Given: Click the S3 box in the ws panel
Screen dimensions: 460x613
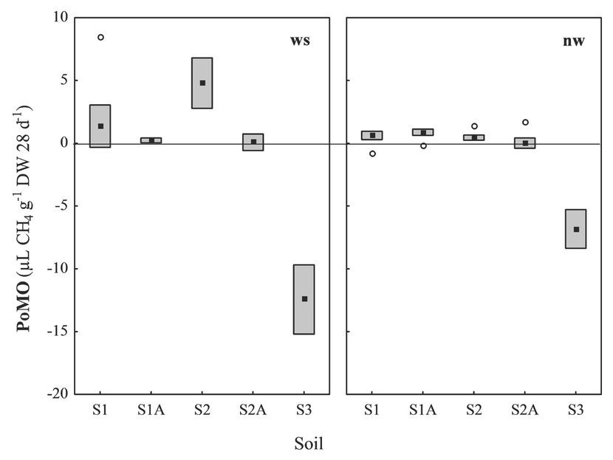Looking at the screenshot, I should (x=304, y=299).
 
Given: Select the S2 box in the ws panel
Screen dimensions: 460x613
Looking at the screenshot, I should (x=202, y=83).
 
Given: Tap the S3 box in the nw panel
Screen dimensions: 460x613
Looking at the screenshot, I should (x=575, y=229).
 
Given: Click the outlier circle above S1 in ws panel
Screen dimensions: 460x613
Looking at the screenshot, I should (x=101, y=37).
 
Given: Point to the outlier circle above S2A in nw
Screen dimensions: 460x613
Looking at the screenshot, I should (x=525, y=122).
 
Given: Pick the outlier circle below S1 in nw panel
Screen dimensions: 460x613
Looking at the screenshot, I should (x=372, y=154).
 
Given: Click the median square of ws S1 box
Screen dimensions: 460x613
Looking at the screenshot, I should (x=100, y=126).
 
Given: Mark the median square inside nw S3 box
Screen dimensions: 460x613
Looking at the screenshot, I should (x=575, y=230).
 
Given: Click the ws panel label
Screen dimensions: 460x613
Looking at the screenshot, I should (x=299, y=41).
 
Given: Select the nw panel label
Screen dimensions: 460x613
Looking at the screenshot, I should (x=573, y=41).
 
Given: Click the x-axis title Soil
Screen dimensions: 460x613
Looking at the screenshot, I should (x=307, y=444).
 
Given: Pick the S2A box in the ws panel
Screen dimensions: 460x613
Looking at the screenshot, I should (x=253, y=142).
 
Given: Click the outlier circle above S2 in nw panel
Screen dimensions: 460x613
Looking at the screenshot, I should (x=474, y=126).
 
